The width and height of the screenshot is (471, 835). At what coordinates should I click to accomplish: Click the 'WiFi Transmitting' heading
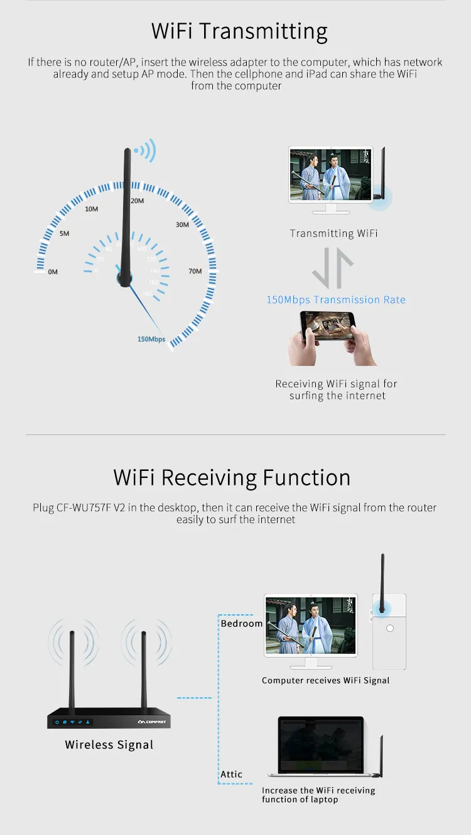coord(239,31)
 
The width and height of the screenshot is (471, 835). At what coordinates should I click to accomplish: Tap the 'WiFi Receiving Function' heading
coord(232,477)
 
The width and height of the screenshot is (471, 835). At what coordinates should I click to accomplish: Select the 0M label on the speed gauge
coord(53,272)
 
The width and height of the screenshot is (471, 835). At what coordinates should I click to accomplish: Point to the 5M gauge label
coord(64,234)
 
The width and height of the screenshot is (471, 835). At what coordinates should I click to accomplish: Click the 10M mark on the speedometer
coord(91,209)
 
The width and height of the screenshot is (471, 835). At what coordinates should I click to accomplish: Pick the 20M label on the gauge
coord(137,201)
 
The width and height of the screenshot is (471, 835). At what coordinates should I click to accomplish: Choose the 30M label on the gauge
coord(182,225)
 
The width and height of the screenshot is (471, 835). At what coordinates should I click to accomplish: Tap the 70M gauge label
coord(195,272)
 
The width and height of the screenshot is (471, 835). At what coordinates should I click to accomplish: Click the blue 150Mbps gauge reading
coord(151,340)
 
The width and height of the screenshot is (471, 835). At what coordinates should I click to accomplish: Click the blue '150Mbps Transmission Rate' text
coord(336,300)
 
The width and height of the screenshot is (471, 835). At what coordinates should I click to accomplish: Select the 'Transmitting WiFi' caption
coord(333,233)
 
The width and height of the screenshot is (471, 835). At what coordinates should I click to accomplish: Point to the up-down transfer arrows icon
coord(333,267)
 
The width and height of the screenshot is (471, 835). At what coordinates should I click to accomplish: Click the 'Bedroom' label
coord(242,624)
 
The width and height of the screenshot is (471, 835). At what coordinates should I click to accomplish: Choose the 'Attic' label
coord(231,775)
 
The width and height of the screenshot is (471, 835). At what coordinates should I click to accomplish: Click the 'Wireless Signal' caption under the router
coord(109,745)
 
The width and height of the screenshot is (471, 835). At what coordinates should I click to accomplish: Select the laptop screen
coord(321,745)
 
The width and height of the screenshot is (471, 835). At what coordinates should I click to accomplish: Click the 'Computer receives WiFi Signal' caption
coord(325,680)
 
